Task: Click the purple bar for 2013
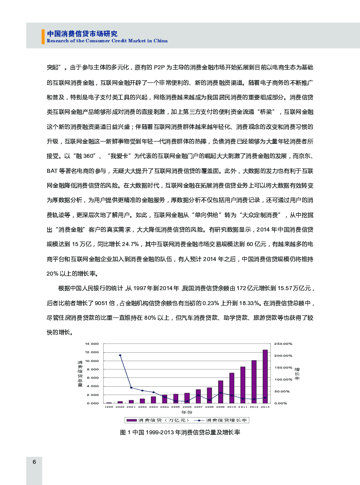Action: [265, 376]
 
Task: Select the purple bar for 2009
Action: [221, 392]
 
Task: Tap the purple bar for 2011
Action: [243, 384]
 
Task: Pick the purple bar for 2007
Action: [198, 396]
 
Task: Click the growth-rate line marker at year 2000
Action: [120, 355]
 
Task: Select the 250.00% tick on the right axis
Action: [283, 343]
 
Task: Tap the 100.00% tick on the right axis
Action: [283, 379]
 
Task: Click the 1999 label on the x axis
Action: [109, 407]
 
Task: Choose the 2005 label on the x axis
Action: [176, 407]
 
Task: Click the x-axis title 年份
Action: [187, 412]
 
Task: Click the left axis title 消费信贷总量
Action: [80, 373]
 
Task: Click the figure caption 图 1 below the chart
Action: [180, 433]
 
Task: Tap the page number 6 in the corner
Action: [34, 462]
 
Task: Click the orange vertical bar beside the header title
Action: [43, 37]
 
